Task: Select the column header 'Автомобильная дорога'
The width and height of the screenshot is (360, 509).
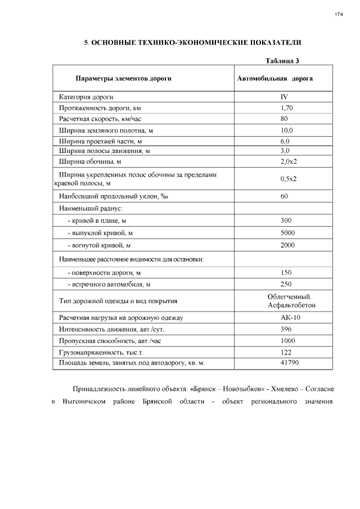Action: (275, 79)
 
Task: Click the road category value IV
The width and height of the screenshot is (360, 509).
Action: (284, 97)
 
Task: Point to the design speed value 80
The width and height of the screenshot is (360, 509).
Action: (284, 119)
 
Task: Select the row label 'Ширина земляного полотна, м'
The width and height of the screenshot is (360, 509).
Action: (106, 130)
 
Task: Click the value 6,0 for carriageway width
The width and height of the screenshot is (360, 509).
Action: (285, 141)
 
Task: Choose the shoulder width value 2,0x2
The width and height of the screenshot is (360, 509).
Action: (288, 162)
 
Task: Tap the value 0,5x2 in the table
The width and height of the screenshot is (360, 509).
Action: (288, 179)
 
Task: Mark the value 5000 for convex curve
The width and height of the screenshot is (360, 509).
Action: (287, 233)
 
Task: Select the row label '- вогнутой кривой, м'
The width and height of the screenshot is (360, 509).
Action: (99, 245)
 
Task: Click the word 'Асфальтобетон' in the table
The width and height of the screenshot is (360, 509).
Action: (292, 305)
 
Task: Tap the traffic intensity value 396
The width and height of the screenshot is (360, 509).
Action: (286, 329)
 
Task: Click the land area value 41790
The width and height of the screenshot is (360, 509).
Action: (289, 363)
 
